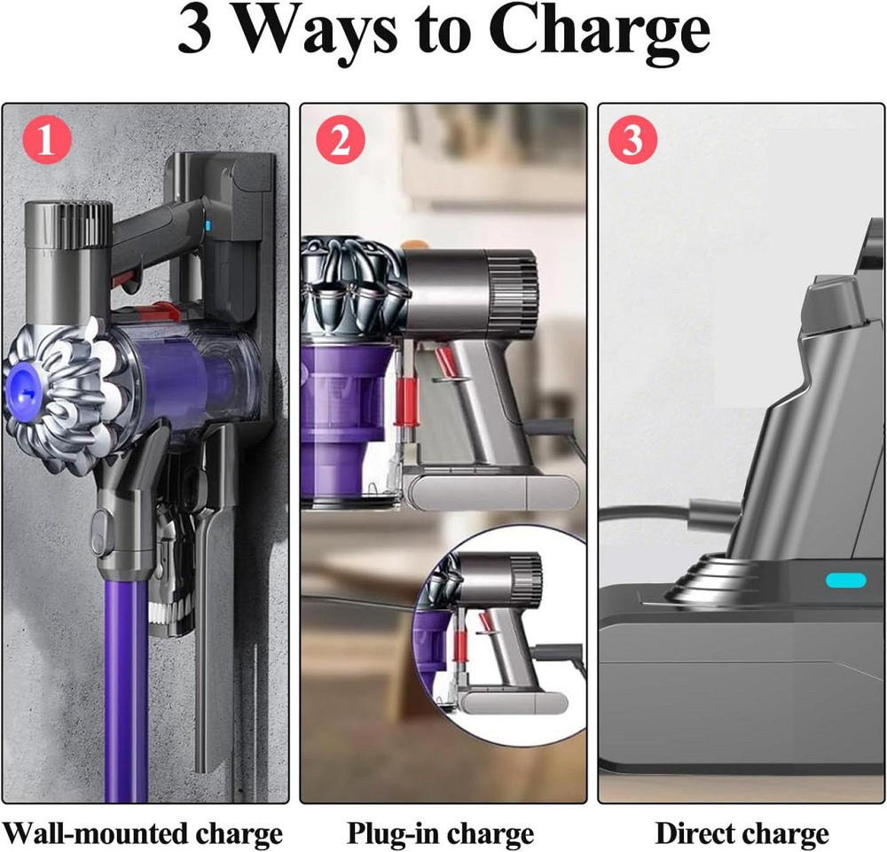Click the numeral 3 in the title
click(196, 32)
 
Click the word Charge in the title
click(599, 34)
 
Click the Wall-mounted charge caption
click(142, 833)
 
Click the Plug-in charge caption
click(441, 833)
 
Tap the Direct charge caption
click(742, 833)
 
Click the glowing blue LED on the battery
click(845, 581)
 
